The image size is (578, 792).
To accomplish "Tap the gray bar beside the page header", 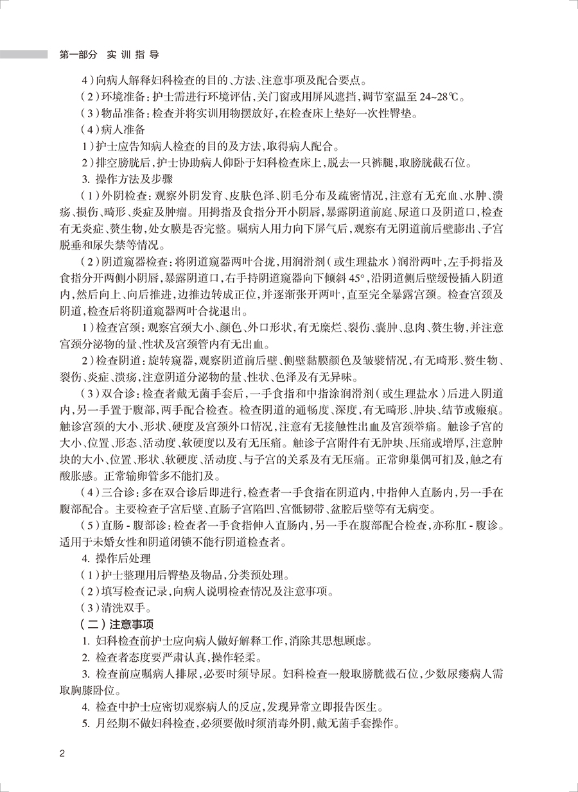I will [24, 55].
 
